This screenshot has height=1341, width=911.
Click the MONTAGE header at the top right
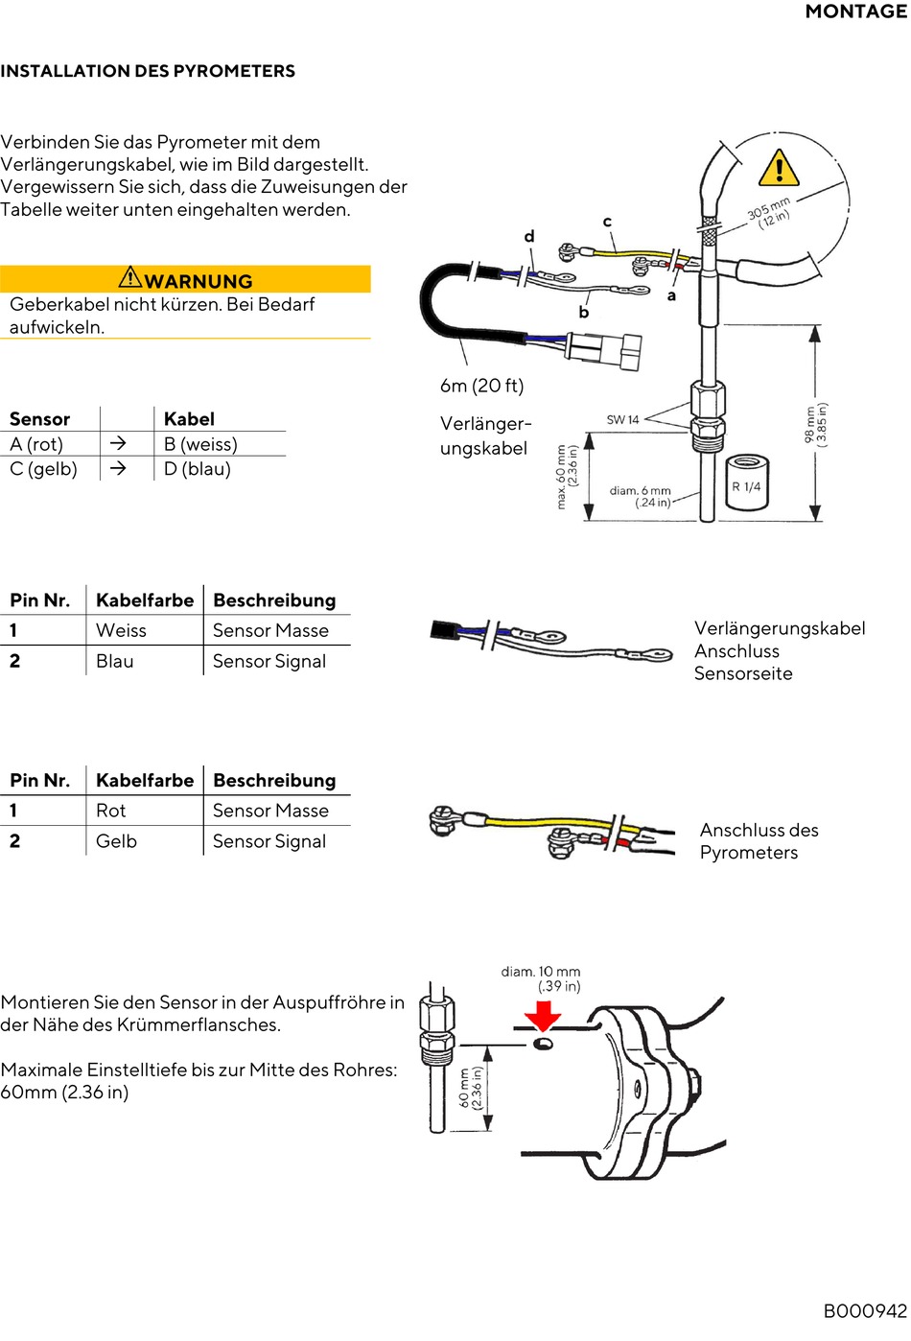coord(855,12)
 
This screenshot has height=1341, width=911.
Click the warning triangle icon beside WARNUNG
coord(130,278)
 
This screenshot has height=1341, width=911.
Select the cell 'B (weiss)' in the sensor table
coord(200,444)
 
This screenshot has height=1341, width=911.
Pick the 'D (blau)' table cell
coord(198,469)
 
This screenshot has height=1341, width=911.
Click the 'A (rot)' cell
coord(36,444)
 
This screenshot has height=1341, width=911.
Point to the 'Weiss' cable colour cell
coord(122,630)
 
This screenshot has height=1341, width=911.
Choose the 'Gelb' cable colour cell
coord(117,841)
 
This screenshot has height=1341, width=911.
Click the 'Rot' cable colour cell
coord(111,811)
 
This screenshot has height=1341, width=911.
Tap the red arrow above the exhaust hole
coord(543,1016)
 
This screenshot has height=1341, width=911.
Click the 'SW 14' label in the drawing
coord(623,419)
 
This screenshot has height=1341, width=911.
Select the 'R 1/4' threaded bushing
coord(746,487)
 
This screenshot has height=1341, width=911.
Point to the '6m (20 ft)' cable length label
coord(481,386)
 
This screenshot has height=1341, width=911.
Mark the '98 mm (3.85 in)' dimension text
coord(816,423)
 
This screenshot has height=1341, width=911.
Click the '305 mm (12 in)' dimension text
coord(769,212)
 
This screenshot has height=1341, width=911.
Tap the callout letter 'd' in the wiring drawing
coord(529,236)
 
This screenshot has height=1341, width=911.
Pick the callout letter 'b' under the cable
coord(583,312)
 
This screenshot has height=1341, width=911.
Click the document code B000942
coord(864,1311)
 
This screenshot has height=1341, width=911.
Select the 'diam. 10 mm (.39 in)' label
coord(541,978)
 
